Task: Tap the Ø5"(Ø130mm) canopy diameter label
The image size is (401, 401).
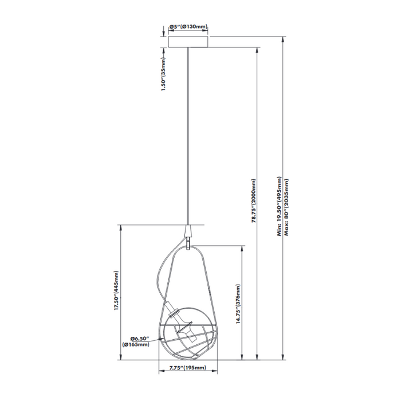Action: (x=188, y=27)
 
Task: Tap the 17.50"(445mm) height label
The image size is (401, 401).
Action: (x=116, y=290)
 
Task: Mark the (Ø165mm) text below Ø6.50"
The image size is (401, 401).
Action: (x=136, y=344)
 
